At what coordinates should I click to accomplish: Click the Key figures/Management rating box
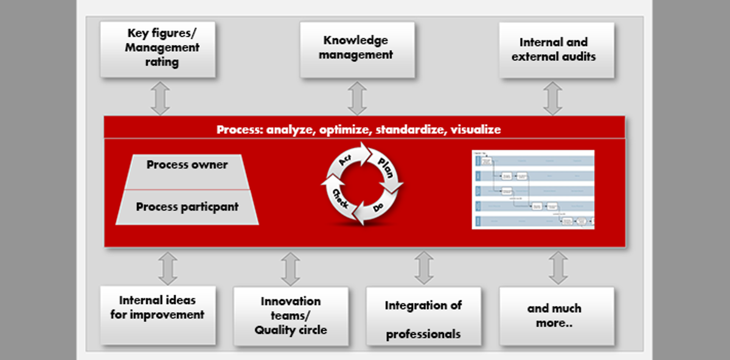pos(158,49)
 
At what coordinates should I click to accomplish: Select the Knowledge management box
pos(357,49)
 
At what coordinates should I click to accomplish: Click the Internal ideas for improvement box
pos(158,314)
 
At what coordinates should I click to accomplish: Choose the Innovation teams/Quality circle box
pos(291,316)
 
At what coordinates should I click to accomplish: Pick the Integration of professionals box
pos(423,316)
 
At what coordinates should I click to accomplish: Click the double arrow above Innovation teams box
pos(290,268)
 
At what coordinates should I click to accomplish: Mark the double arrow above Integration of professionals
pos(423,268)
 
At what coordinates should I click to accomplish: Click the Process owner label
pos(187,165)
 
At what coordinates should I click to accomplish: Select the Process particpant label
pos(187,207)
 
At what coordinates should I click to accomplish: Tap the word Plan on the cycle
pos(386,167)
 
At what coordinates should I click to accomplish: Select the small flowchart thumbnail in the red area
pos(533,189)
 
